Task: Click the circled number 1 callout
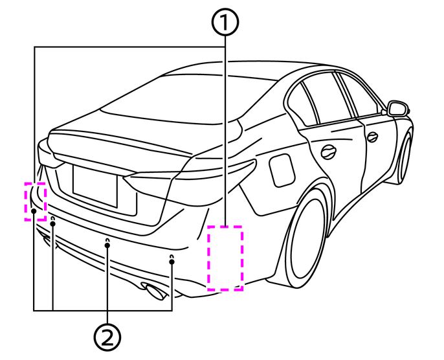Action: click(x=224, y=24)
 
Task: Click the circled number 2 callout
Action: click(x=107, y=336)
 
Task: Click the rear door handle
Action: click(x=329, y=152)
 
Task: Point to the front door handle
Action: click(x=372, y=136)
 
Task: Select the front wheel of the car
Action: click(x=405, y=155)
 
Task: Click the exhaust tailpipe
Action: click(x=154, y=292)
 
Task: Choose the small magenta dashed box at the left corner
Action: click(x=35, y=201)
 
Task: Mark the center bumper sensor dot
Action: click(x=107, y=245)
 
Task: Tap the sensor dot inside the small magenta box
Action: click(x=33, y=211)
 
